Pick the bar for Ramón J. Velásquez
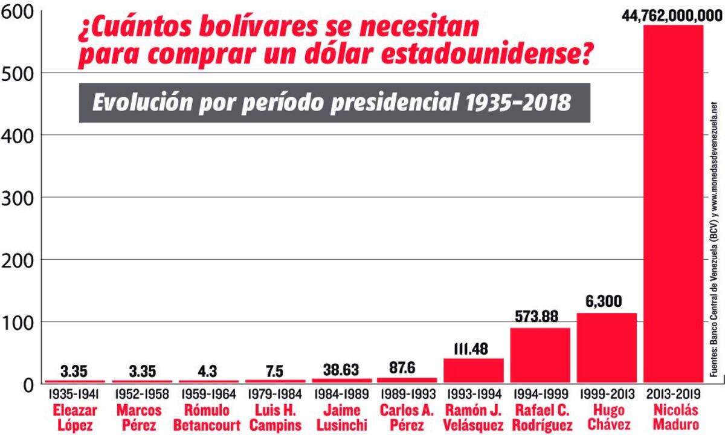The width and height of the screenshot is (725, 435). pos(474,370)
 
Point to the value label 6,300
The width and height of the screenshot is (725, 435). pos(607,301)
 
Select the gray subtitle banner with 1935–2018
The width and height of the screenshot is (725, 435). pos(334,102)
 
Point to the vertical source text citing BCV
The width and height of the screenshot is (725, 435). pos(715,239)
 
